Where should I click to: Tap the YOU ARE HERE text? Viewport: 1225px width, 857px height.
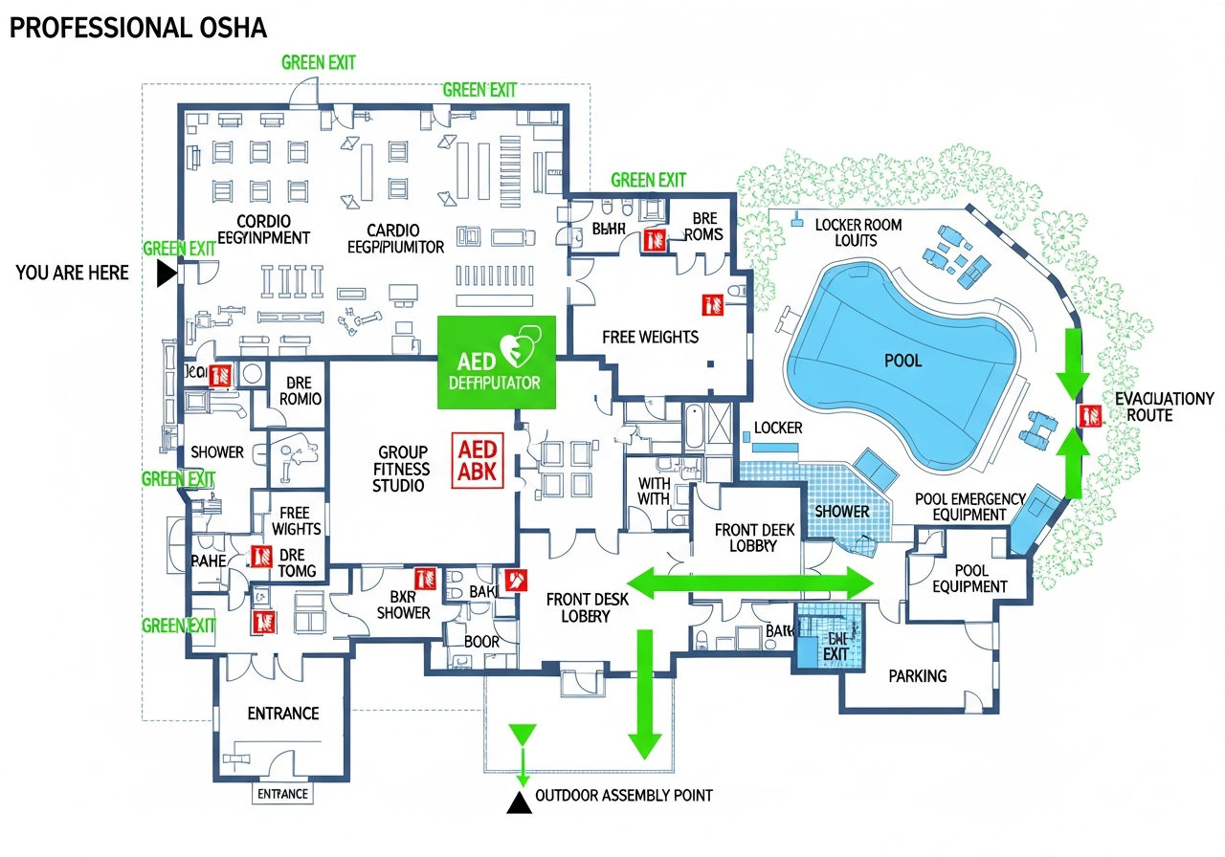pyautogui.click(x=72, y=273)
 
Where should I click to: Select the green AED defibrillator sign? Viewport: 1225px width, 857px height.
pyautogui.click(x=496, y=362)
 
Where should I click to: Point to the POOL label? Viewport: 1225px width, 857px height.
pyautogui.click(x=902, y=361)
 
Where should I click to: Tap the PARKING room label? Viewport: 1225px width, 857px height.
pyautogui.click(x=917, y=675)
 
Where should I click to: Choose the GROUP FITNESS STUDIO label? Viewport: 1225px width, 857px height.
pyautogui.click(x=403, y=469)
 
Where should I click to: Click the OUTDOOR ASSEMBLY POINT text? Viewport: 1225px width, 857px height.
pyautogui.click(x=623, y=795)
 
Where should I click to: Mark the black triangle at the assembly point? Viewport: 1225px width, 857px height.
pyautogui.click(x=519, y=802)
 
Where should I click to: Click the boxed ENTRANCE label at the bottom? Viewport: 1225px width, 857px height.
pyautogui.click(x=283, y=794)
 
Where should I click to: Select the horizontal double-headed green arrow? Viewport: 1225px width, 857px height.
pyautogui.click(x=750, y=582)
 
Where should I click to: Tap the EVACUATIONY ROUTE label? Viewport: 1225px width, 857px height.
pyautogui.click(x=1164, y=407)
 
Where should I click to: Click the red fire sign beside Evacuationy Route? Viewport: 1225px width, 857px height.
pyautogui.click(x=1090, y=415)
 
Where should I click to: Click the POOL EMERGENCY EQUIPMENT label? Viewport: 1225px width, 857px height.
pyautogui.click(x=969, y=507)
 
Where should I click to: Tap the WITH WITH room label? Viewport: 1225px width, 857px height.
pyautogui.click(x=654, y=492)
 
